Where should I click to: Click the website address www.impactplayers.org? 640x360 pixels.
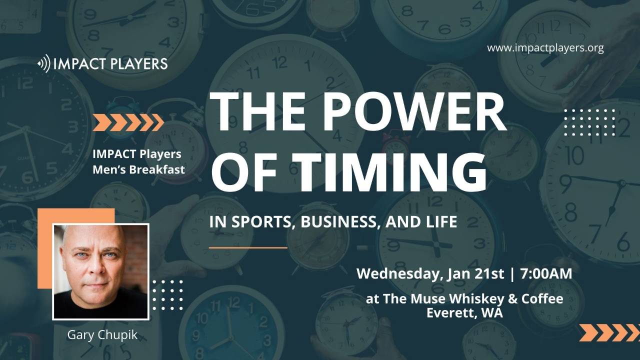coord(545,48)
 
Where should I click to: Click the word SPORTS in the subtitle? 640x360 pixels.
coord(257,222)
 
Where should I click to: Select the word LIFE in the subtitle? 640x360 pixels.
coord(441,222)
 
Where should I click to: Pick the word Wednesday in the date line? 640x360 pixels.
coord(395,274)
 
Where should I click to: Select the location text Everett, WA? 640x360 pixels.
coord(464,313)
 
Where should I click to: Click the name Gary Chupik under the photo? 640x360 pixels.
coord(102,334)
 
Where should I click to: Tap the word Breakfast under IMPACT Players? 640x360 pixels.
coord(157,169)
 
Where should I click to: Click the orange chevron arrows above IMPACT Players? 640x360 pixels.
coord(128,122)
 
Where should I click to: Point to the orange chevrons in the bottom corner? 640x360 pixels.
coord(609,332)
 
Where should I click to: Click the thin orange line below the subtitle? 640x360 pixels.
coord(248,247)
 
